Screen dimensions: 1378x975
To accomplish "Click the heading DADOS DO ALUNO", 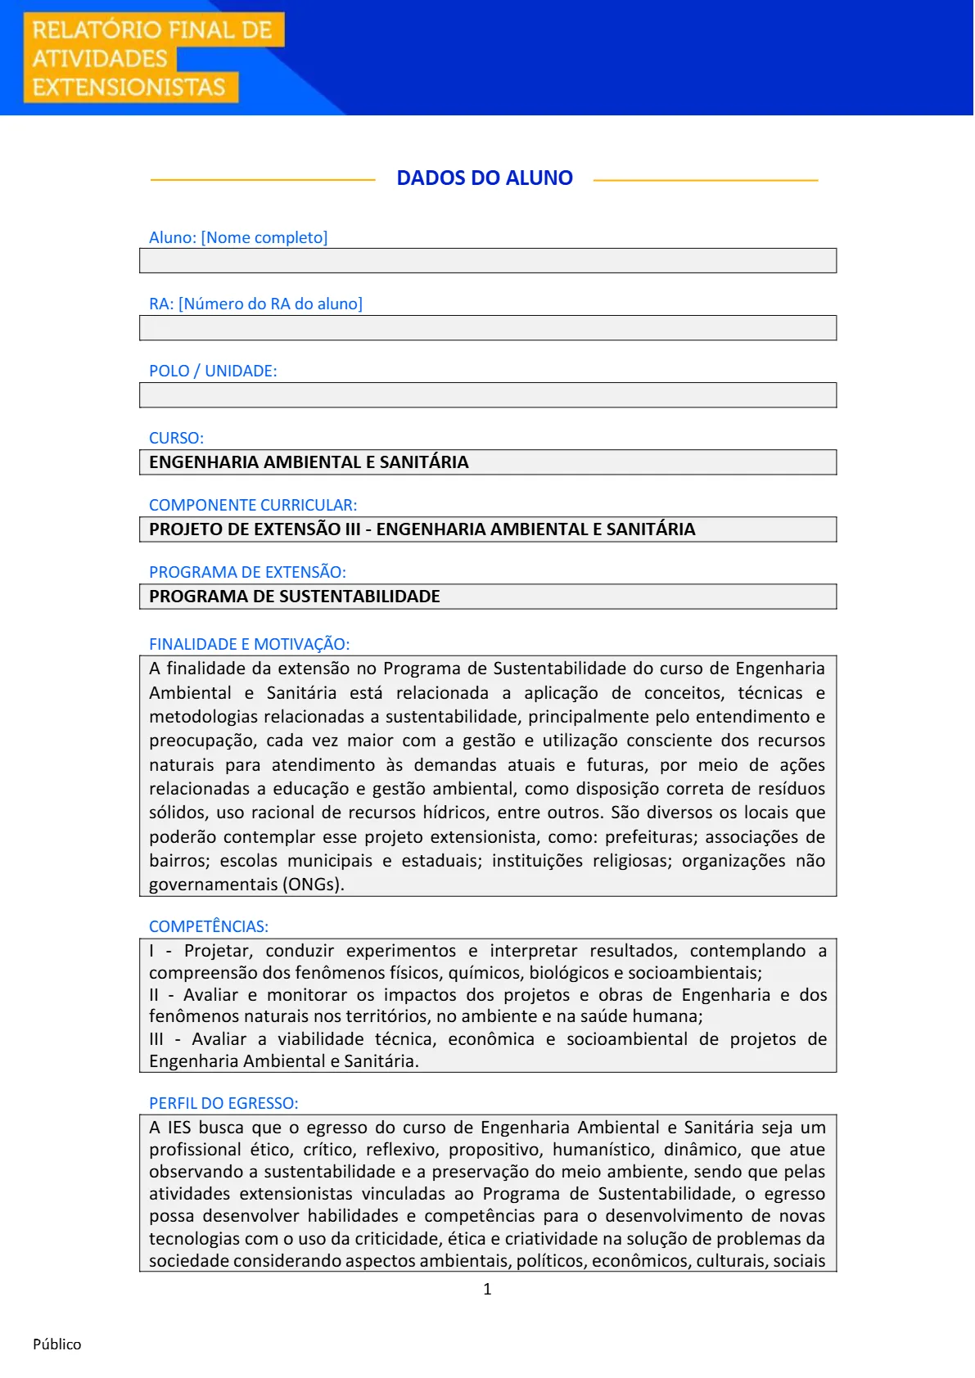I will coord(485,178).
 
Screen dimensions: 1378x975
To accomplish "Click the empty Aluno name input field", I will coord(488,261).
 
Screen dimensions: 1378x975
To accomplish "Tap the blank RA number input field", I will coord(488,328).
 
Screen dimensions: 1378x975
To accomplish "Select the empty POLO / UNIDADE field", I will coord(488,395).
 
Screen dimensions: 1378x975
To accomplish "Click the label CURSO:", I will coord(176,438).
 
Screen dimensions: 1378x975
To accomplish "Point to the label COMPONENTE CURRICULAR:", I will coord(253,505).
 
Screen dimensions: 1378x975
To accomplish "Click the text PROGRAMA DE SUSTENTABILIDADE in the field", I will coord(295,597).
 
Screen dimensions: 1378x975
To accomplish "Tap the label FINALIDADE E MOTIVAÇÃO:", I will coord(249,644).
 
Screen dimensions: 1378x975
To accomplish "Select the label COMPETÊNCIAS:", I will coord(209,926).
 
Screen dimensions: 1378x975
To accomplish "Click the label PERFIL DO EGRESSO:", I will coord(223,1103).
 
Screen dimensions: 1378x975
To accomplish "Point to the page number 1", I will coord(487,1289).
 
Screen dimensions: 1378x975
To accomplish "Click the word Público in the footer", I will coord(57,1344).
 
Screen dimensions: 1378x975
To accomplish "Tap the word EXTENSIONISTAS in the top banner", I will coord(129,87).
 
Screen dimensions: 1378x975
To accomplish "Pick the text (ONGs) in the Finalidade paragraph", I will coord(313,885).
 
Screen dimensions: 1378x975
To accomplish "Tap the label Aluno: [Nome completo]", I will coord(238,237).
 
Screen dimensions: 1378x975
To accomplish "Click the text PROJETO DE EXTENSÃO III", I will coord(255,529).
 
